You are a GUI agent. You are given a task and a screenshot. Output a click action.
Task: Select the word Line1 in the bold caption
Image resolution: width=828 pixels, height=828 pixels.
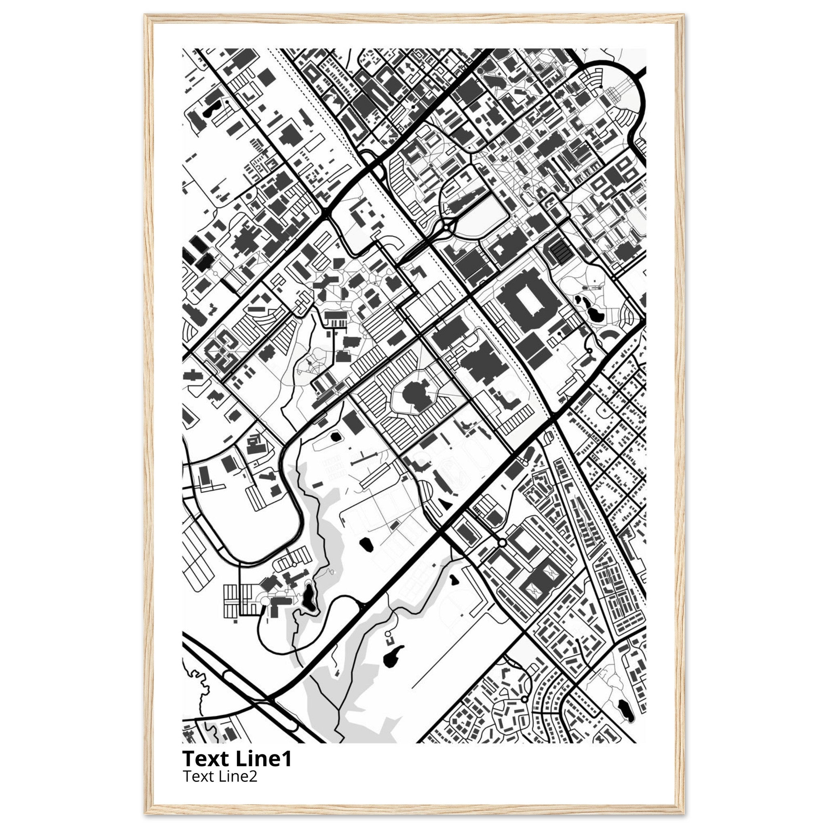(264, 759)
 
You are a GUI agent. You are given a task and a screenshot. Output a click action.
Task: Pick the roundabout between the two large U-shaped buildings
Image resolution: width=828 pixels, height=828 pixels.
(502, 543)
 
